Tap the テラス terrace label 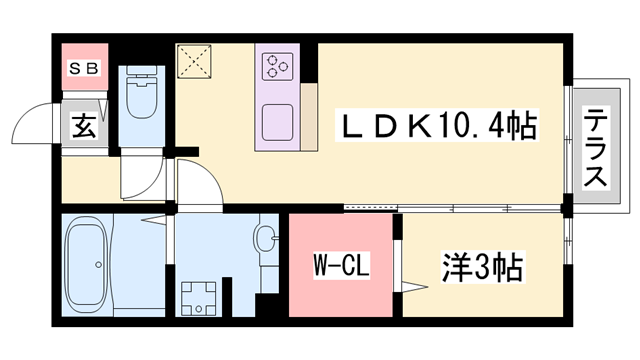[x=596, y=147]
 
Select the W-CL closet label [x=337, y=266]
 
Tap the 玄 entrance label [x=84, y=127]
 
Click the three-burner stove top [x=277, y=67]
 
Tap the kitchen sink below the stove [x=277, y=123]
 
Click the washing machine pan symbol [x=199, y=294]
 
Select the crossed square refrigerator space [x=195, y=62]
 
